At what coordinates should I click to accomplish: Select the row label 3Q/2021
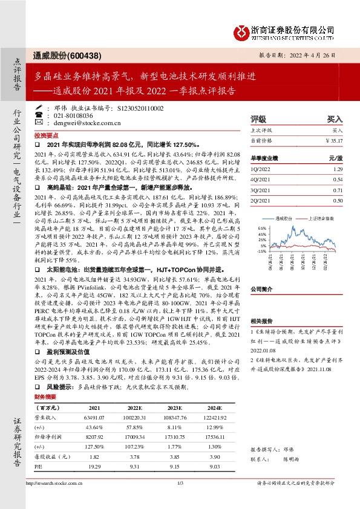(x=260, y=190)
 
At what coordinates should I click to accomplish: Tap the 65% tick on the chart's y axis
(x=262, y=229)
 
